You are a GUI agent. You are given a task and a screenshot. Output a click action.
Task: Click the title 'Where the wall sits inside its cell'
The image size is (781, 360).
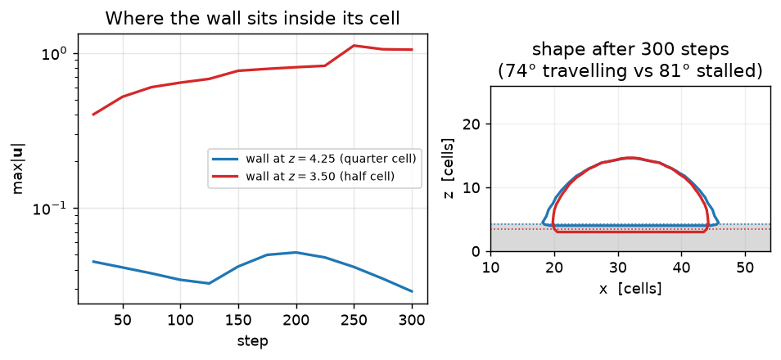(x=252, y=19)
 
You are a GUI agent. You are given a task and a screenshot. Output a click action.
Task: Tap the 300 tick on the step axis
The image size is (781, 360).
(x=412, y=318)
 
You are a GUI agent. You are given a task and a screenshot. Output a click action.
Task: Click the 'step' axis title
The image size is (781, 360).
(x=252, y=341)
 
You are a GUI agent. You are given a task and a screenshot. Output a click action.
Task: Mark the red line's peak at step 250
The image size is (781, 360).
(x=354, y=45)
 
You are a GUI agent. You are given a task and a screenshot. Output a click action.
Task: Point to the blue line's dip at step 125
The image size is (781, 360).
(x=210, y=283)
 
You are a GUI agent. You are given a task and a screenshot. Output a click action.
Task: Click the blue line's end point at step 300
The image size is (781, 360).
(x=412, y=291)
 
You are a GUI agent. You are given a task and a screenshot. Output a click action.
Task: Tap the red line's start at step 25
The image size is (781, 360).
(x=93, y=115)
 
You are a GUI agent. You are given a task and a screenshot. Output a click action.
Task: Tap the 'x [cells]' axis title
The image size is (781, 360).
(x=630, y=288)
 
